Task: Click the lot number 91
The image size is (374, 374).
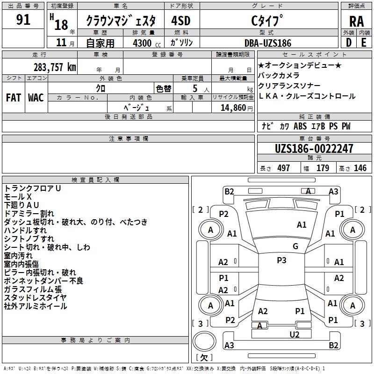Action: [23, 20]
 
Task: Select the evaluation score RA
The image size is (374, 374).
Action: [356, 21]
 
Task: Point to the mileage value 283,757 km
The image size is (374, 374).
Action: [55, 67]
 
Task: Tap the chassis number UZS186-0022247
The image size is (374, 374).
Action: [314, 149]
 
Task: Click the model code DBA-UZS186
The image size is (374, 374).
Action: [268, 43]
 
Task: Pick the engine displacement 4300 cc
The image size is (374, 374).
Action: [144, 43]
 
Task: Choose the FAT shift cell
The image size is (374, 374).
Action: [13, 98]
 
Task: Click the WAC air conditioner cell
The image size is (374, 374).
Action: [36, 98]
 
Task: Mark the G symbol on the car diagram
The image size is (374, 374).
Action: [295, 246]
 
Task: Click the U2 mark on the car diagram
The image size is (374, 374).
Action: [294, 334]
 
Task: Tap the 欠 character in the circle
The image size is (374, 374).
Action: [204, 358]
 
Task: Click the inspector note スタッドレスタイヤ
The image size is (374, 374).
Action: [35, 298]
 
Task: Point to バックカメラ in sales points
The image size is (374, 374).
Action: [279, 75]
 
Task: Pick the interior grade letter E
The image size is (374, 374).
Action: [364, 42]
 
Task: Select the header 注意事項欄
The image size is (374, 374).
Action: [128, 139]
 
